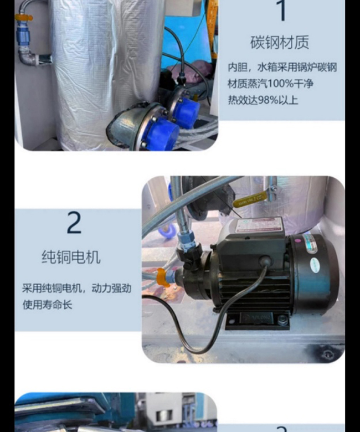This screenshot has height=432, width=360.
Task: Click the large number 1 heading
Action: [282, 11]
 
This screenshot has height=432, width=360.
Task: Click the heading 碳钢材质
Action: [280, 43]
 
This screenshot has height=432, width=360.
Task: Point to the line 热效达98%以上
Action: [263, 100]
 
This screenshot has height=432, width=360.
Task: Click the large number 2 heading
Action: [74, 223]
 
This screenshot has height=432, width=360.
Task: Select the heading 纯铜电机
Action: [71, 258]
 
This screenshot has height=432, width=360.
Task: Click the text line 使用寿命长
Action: [47, 305]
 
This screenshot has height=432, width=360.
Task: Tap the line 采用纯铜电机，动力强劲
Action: [77, 288]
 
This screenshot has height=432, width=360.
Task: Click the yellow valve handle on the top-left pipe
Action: [24, 18]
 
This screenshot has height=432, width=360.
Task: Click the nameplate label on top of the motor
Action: [259, 225]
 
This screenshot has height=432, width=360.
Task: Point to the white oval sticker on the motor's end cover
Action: [315, 265]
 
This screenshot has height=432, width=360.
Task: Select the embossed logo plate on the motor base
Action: [256, 318]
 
